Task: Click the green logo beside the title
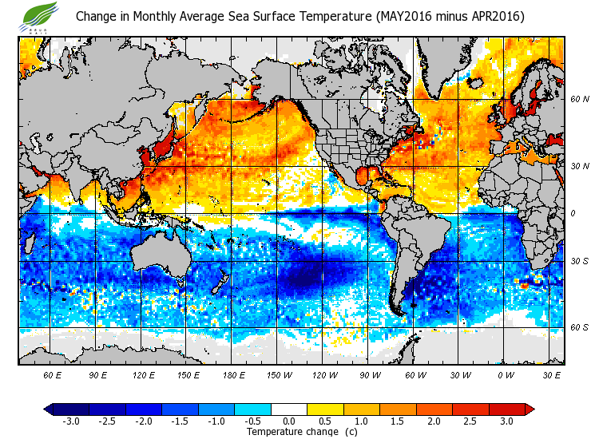tap(41, 15)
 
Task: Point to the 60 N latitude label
tap(579, 99)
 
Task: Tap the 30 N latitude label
tap(579, 166)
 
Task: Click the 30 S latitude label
tap(579, 261)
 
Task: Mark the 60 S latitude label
tap(579, 328)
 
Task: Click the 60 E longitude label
tap(53, 374)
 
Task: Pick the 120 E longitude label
tap(144, 374)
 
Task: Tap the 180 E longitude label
tap(234, 374)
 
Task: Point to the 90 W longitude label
tap(369, 374)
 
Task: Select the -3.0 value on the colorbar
tap(72, 421)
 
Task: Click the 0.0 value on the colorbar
tap(290, 421)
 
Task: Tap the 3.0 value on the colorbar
tap(507, 421)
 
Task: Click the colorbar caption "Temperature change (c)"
tap(290, 432)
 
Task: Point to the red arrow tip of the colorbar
tap(530, 409)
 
